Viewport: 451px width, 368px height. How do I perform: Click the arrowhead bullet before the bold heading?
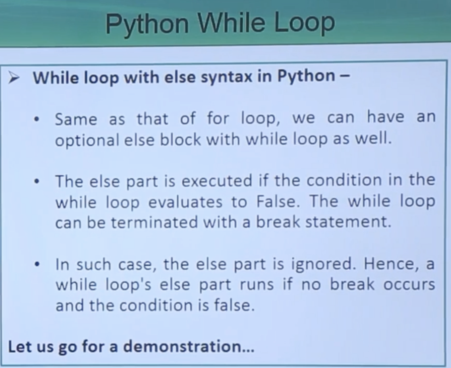pos(14,78)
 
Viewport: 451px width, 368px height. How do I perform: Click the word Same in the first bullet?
pos(76,119)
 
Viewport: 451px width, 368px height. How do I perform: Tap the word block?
pos(180,140)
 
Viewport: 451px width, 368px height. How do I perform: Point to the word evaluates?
pos(185,202)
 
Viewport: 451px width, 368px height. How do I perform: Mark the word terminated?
pos(154,222)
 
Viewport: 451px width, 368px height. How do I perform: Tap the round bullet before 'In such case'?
pos(37,264)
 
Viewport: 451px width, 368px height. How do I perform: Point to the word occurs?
pos(409,285)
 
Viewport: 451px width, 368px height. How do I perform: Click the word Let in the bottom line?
pos(20,346)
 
